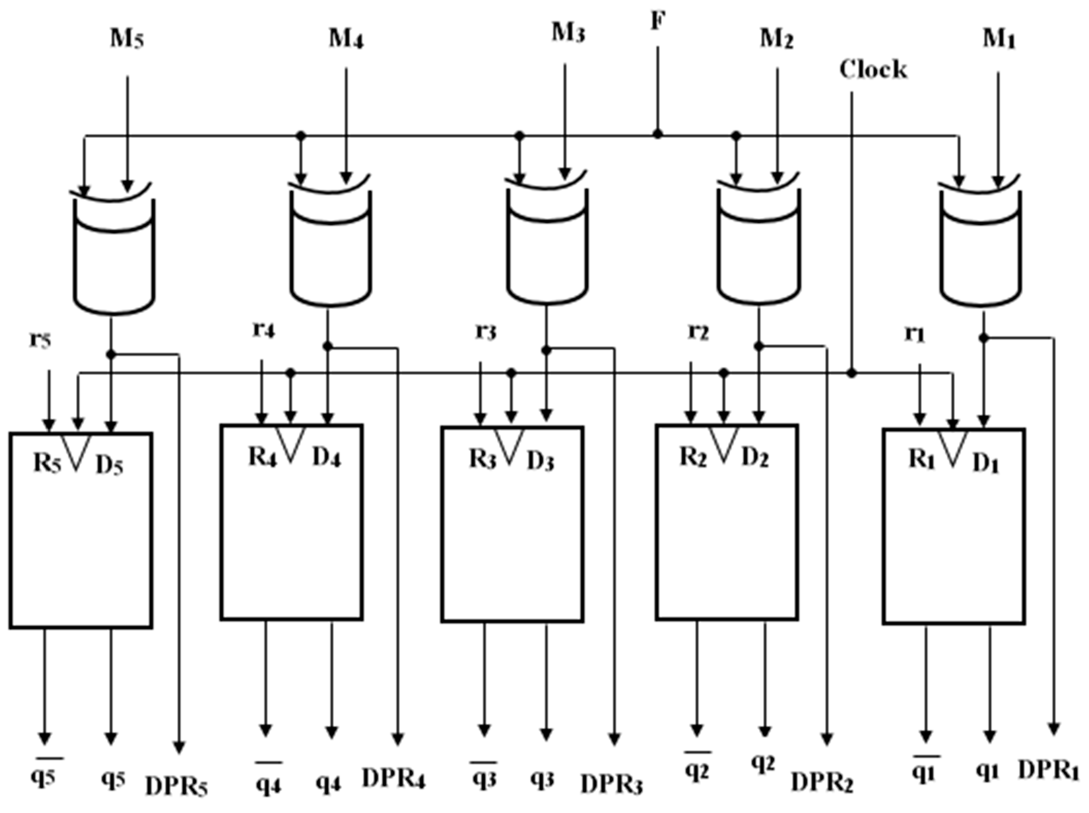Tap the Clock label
[x=873, y=69]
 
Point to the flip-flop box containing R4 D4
[x=292, y=522]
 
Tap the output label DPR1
[x=1049, y=771]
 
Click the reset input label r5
[x=40, y=340]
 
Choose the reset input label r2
[x=698, y=333]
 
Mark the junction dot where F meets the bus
[x=658, y=134]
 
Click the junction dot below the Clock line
[x=852, y=374]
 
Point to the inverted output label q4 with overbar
[x=268, y=783]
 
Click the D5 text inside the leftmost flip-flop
[x=109, y=466]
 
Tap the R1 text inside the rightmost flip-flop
[x=921, y=460]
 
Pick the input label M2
[x=777, y=40]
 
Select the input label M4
[x=346, y=40]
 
